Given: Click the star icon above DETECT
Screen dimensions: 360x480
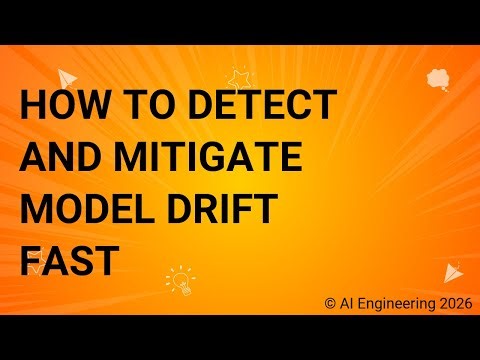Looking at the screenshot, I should coord(239,76).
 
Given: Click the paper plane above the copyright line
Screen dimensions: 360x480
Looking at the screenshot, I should coord(453,271).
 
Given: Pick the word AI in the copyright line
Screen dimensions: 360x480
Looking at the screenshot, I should coord(345,300).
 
